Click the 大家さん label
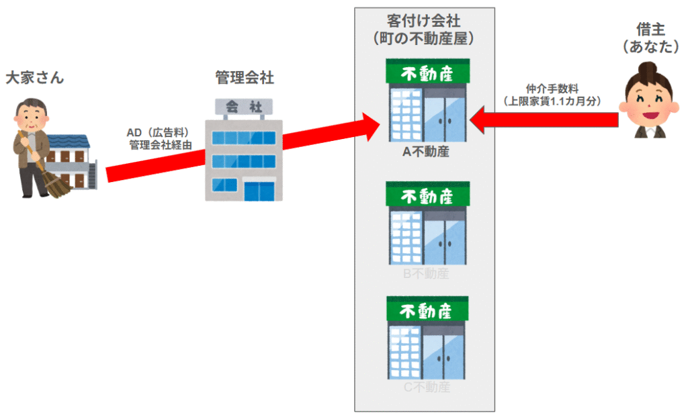click(34, 78)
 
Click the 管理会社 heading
click(244, 78)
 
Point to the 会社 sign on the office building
click(243, 106)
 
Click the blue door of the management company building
click(259, 191)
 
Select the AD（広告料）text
click(157, 132)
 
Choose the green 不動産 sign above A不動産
click(428, 72)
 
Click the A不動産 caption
click(425, 152)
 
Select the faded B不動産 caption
click(425, 274)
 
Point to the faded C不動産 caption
click(426, 387)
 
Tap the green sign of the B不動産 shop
click(428, 195)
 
